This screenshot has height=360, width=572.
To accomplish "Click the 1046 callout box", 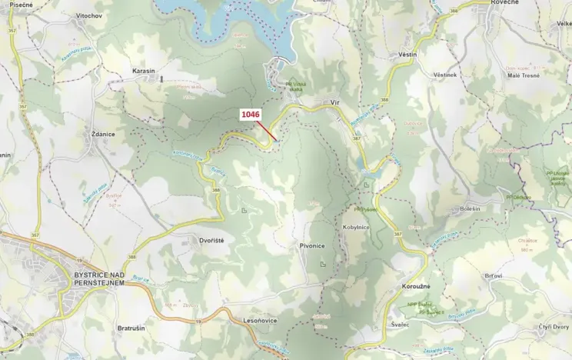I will point(251,115).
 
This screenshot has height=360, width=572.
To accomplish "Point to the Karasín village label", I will point(144,71).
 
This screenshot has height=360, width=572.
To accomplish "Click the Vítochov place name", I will point(89,15).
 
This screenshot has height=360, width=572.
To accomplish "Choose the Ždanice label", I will point(103,134).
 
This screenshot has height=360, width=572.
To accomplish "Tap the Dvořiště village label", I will point(211,241).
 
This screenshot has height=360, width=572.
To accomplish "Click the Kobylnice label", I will point(357,228).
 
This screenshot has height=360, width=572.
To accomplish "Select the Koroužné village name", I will point(416,286).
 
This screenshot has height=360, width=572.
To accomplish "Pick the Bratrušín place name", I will point(131,328).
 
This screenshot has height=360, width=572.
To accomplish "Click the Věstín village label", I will point(407,55).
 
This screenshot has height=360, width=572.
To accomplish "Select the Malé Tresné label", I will point(523,75).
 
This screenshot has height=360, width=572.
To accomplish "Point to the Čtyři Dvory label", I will point(553,327).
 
